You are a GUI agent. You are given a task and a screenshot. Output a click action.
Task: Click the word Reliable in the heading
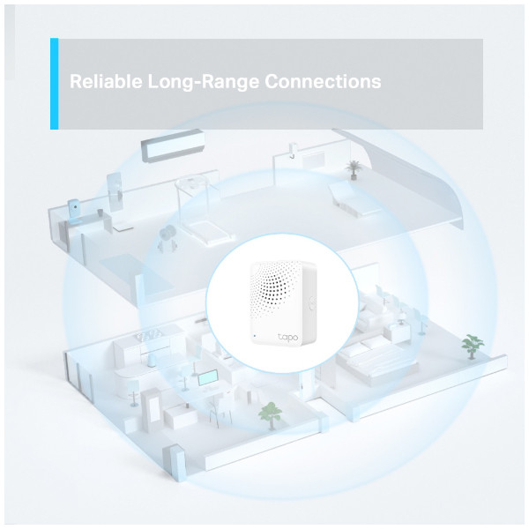106,81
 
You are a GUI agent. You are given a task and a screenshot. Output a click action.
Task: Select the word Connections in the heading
323,81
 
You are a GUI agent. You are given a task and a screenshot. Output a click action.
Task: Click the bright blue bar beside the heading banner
55,84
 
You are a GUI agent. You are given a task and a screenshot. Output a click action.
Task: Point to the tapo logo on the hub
287,337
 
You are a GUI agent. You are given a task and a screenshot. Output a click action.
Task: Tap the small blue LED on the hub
254,336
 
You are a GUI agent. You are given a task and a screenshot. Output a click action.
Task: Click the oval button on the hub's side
310,303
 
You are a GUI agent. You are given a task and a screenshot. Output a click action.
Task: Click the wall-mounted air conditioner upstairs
173,145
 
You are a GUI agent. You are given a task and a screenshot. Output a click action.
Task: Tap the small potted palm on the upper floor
353,169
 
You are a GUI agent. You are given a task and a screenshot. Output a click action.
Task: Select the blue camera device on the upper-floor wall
74,208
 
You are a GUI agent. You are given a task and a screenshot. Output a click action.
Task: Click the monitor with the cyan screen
208,378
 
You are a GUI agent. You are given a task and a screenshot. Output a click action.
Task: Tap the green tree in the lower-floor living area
270,415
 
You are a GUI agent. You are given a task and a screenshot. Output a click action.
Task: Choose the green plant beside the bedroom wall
473,346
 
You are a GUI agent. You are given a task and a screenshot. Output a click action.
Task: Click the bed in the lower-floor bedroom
375,360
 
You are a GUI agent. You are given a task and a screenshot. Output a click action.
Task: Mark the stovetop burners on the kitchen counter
151,336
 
